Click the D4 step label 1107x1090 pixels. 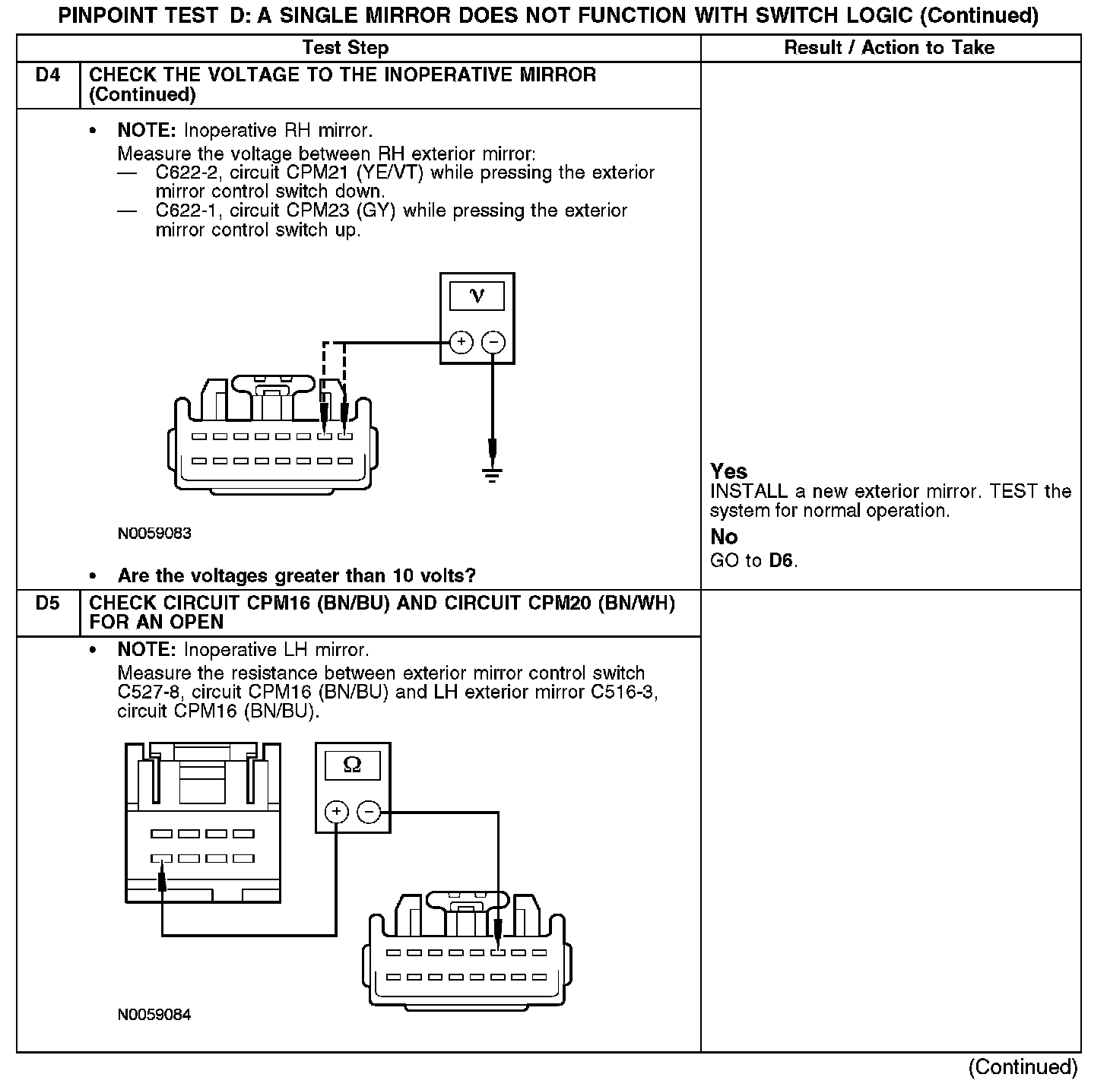47,75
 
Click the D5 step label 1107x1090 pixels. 47,604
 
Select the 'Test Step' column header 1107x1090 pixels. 345,48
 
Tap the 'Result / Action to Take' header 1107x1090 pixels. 889,48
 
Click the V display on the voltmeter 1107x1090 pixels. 477,296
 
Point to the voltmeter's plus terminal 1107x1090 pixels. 462,343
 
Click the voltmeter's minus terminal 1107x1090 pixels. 493,343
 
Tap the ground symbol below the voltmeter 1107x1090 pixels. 493,476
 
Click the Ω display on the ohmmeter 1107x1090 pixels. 353,765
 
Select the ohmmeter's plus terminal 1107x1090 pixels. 336,813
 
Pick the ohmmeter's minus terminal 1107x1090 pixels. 369,813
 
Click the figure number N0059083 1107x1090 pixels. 154,534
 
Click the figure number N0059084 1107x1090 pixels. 154,1015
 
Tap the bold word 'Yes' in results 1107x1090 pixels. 728,471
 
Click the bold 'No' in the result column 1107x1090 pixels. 724,537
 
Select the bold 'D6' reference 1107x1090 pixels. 782,562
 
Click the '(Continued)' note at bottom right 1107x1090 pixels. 1023,1067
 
